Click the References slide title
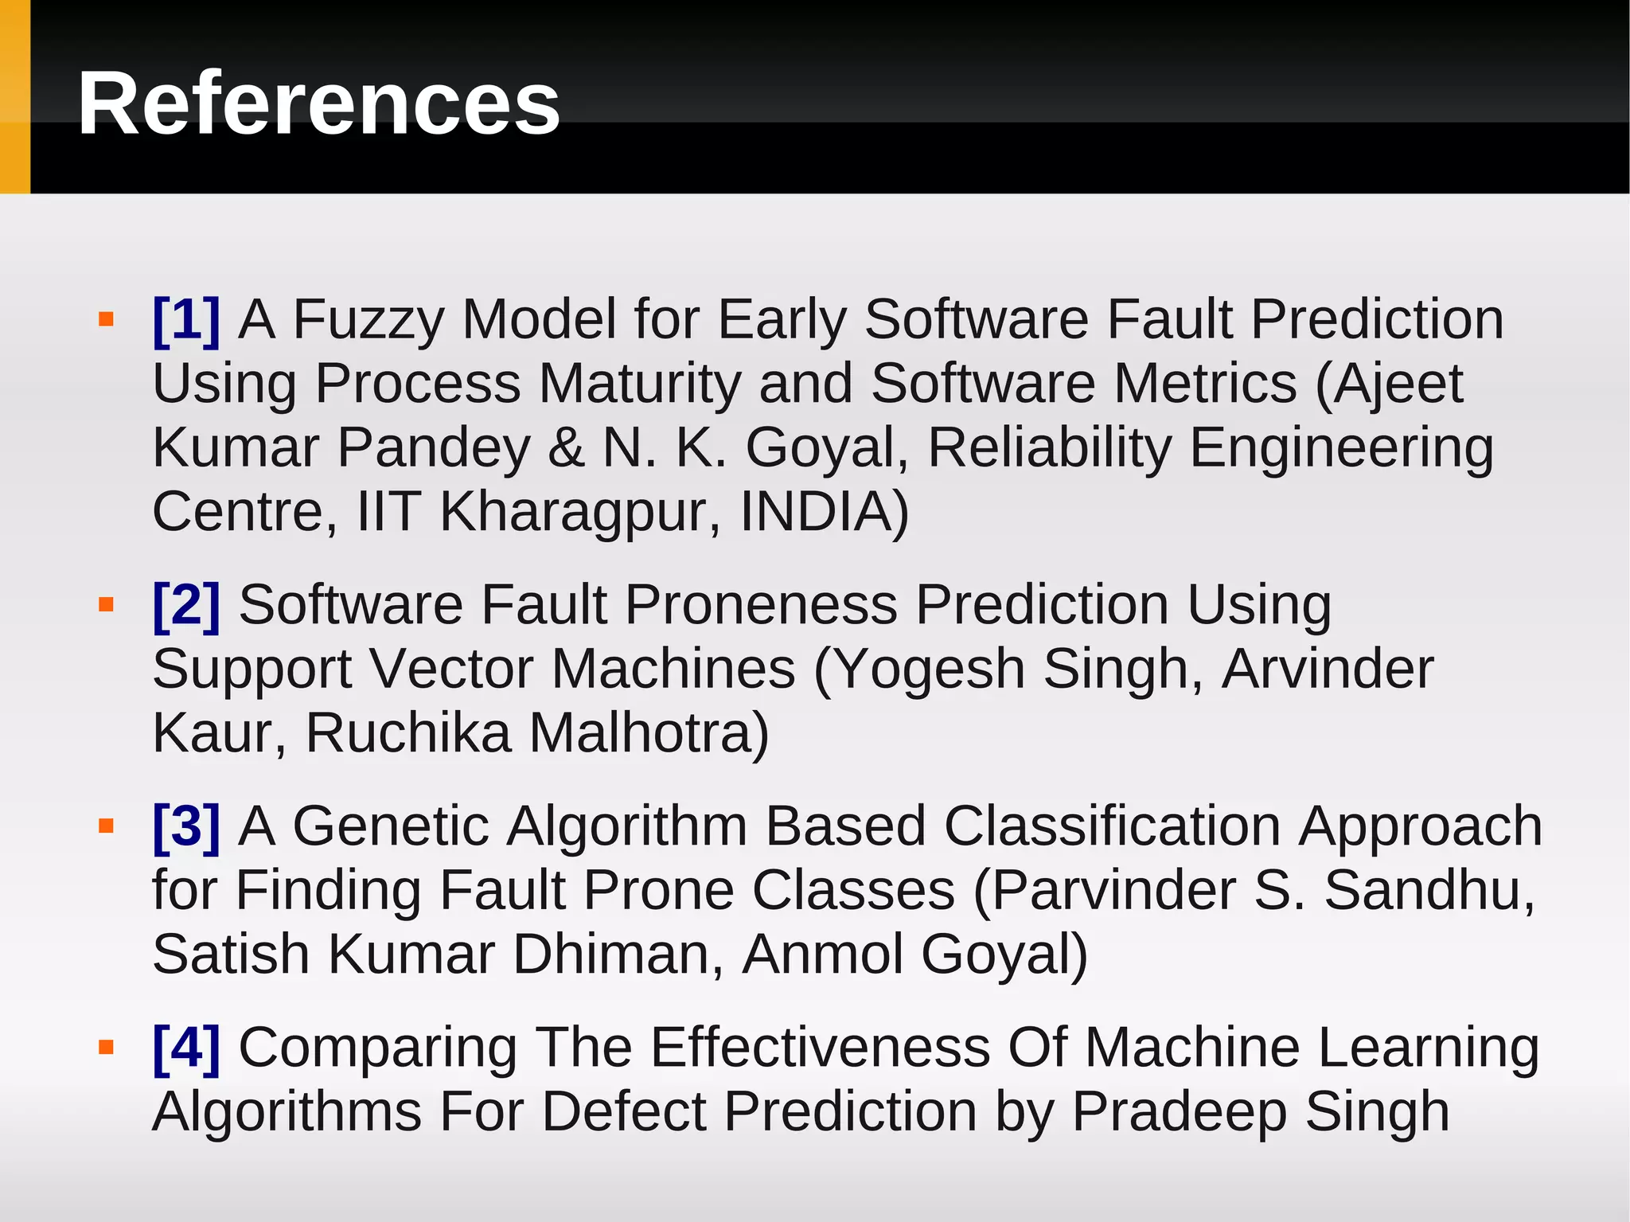point(318,104)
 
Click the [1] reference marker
point(186,319)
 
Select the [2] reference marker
point(186,604)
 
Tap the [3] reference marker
point(186,826)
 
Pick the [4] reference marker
point(186,1047)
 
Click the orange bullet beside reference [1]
point(106,320)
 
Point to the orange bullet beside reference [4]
point(106,1048)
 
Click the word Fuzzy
point(369,319)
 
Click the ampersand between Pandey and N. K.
point(566,447)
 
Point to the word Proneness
point(761,604)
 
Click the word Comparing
point(378,1047)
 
